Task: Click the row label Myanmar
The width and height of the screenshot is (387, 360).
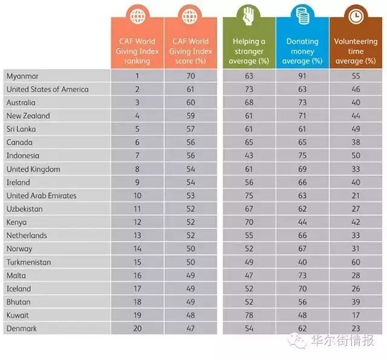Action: [22, 76]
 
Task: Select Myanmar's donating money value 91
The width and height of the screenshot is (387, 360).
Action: [302, 76]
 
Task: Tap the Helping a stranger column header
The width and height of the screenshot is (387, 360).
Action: [249, 51]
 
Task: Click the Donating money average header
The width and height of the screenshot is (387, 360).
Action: [302, 51]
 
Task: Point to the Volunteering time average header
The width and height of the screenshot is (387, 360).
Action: [356, 51]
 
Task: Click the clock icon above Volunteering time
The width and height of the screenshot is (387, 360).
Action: [356, 16]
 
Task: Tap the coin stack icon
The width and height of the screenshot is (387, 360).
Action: [302, 16]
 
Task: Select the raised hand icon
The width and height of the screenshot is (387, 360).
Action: [248, 16]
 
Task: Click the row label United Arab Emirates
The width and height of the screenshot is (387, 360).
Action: [42, 195]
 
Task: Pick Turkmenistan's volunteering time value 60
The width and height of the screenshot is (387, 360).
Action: [356, 262]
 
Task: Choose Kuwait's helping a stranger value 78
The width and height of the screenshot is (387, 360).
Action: [249, 315]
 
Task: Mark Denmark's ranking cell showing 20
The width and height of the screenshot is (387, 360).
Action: [137, 329]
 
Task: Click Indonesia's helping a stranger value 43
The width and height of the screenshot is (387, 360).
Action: [249, 155]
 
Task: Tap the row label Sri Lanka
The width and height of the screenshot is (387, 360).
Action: [21, 129]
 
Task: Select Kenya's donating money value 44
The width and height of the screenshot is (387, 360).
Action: [302, 222]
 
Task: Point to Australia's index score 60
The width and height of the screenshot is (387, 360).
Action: [190, 102]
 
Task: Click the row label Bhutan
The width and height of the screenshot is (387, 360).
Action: [19, 302]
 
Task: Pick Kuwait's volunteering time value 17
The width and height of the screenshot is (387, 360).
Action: [356, 315]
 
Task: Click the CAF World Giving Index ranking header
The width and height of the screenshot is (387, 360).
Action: [137, 51]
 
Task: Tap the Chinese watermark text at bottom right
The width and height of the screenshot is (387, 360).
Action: [343, 340]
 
